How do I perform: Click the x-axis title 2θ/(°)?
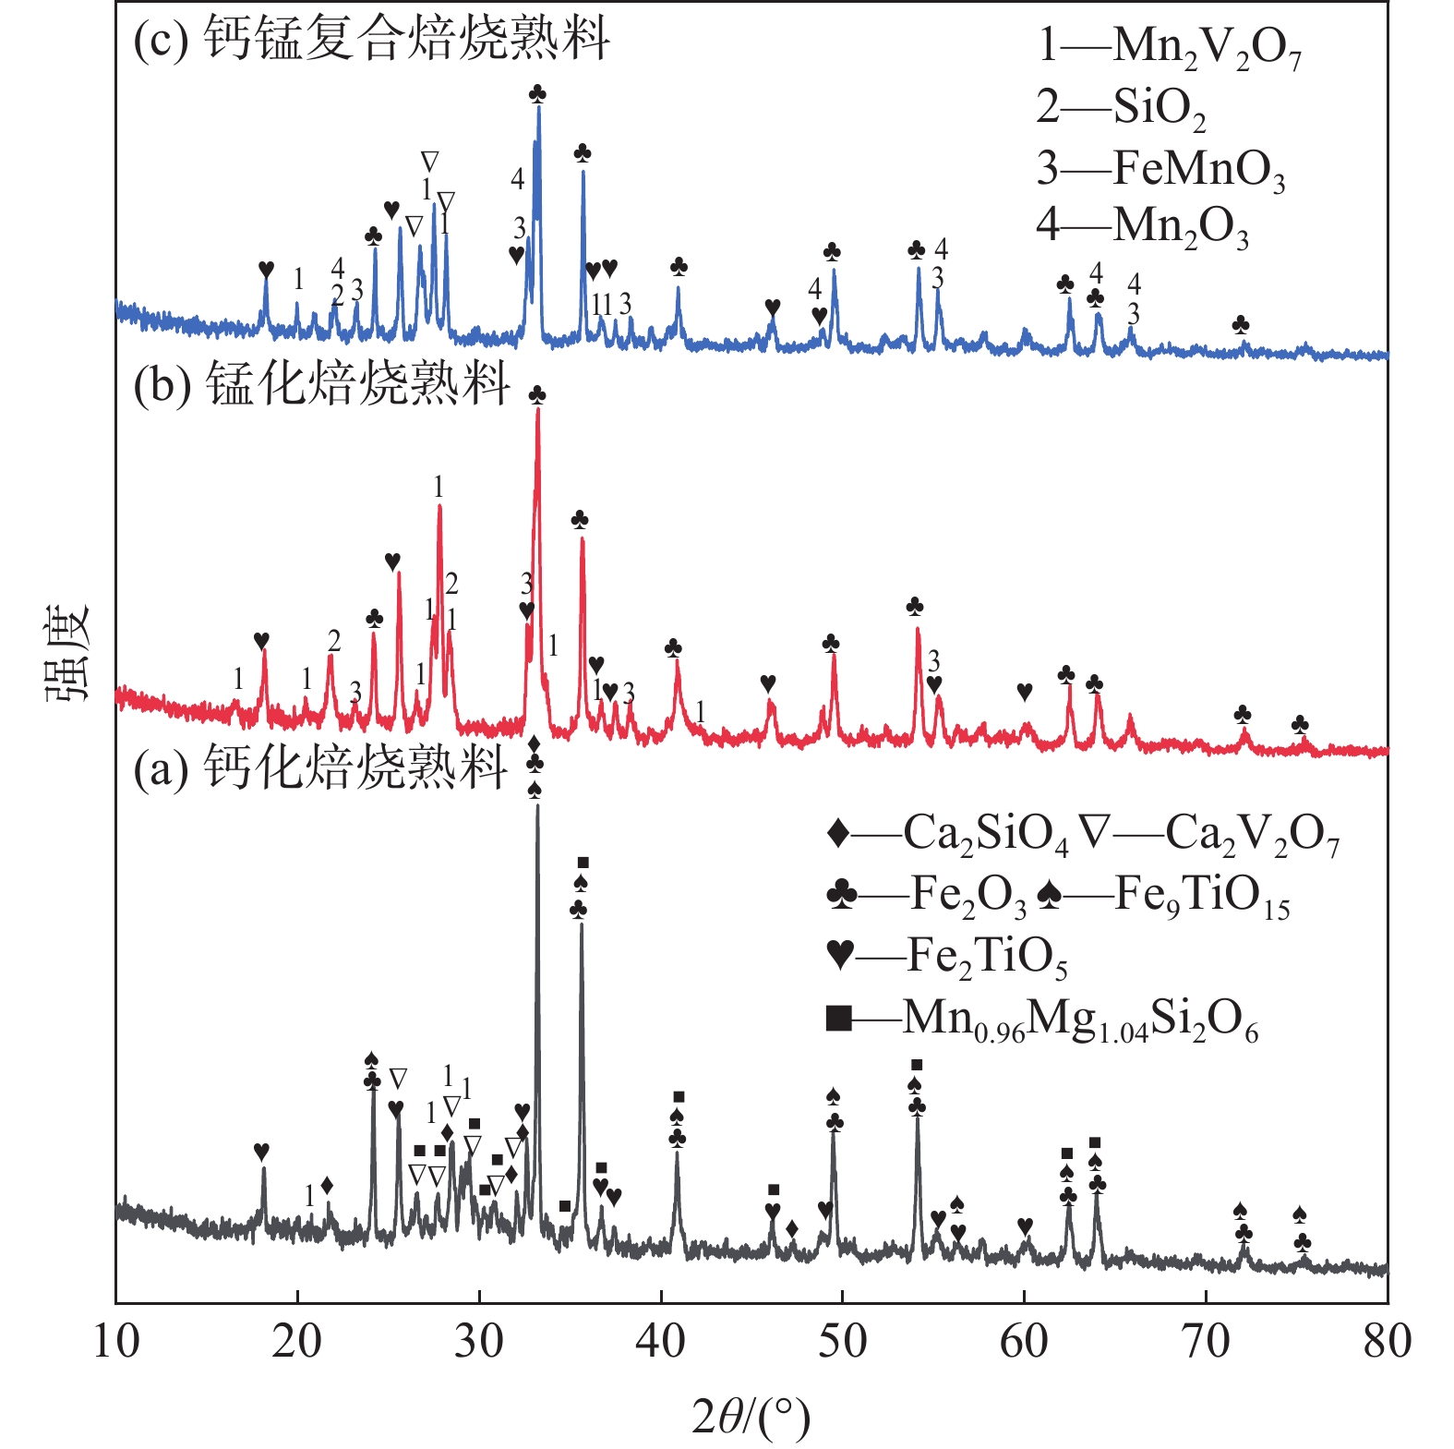(x=751, y=1418)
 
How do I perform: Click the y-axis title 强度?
(x=66, y=652)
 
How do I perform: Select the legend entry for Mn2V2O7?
(x=1169, y=46)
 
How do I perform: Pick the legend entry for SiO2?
(x=1121, y=108)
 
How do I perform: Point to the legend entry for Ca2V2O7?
(x=1209, y=834)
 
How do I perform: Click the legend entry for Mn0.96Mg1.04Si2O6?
(x=1042, y=1020)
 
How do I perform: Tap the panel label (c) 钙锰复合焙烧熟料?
(x=371, y=40)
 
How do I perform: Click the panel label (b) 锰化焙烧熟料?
(x=321, y=383)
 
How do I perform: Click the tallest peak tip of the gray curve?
(x=537, y=805)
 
